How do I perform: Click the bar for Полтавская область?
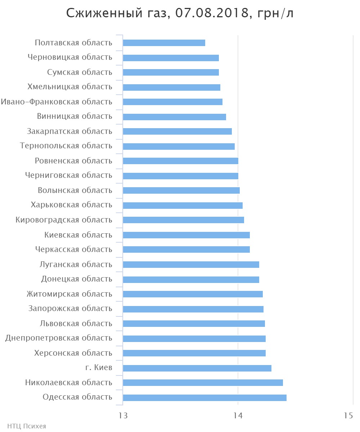[164, 43]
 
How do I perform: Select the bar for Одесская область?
[204, 397]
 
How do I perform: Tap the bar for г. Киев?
[197, 368]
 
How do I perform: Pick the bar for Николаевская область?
[203, 383]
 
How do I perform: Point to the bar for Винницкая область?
[174, 117]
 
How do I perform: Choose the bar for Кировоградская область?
[183, 220]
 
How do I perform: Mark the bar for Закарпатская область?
[177, 131]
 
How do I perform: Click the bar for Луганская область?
[191, 265]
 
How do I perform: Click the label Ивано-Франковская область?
[57, 102]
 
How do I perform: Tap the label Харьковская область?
[72, 205]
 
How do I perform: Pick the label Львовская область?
[76, 324]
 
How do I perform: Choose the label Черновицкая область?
[70, 58]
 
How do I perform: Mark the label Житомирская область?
[69, 294]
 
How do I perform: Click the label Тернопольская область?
[66, 146]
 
